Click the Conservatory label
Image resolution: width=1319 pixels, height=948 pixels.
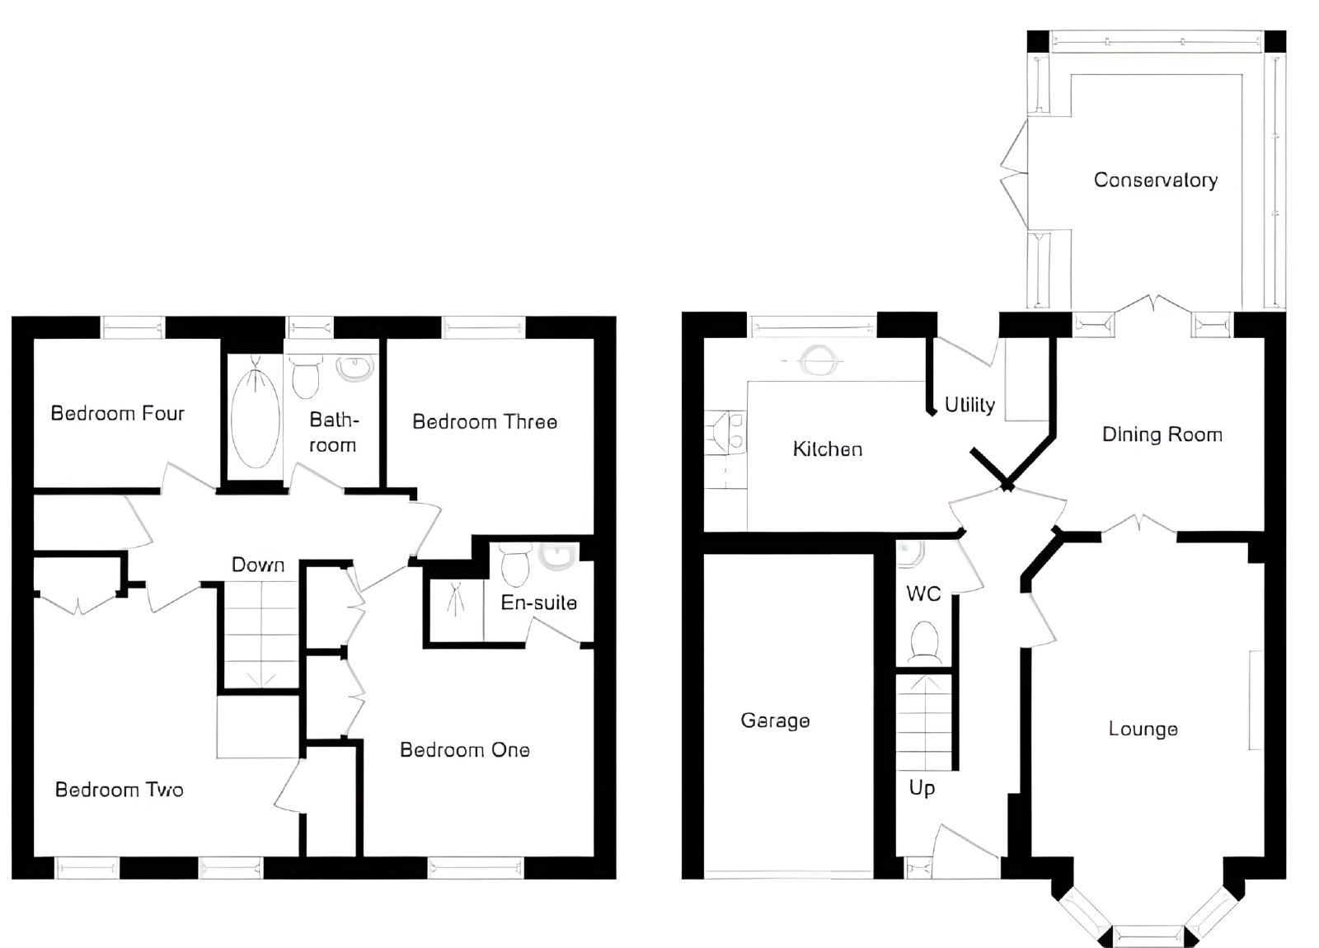tap(1155, 181)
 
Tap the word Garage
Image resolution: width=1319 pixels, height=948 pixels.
tap(775, 720)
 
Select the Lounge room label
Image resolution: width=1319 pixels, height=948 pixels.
tap(1143, 729)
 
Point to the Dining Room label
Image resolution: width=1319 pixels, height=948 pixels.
tap(1162, 434)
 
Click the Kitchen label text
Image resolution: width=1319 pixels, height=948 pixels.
tap(828, 449)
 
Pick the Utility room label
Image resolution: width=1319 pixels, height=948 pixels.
tap(969, 405)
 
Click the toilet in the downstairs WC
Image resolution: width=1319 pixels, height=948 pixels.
tap(924, 641)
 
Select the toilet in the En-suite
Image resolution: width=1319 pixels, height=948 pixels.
tap(516, 566)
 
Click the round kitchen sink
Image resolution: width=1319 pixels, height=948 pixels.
tap(819, 359)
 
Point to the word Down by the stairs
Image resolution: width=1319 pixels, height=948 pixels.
tap(258, 565)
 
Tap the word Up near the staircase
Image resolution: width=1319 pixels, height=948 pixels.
tap(922, 788)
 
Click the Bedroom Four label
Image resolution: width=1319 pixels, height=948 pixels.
tap(118, 413)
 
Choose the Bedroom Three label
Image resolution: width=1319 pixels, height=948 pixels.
tap(485, 421)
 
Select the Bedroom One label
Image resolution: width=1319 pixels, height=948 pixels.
tap(465, 749)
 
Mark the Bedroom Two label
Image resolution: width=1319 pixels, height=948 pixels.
tap(119, 790)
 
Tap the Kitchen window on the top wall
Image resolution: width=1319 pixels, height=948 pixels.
tap(812, 326)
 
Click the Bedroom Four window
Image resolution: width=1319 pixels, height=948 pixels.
tap(133, 326)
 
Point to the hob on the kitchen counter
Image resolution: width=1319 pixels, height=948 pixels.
tap(725, 432)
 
